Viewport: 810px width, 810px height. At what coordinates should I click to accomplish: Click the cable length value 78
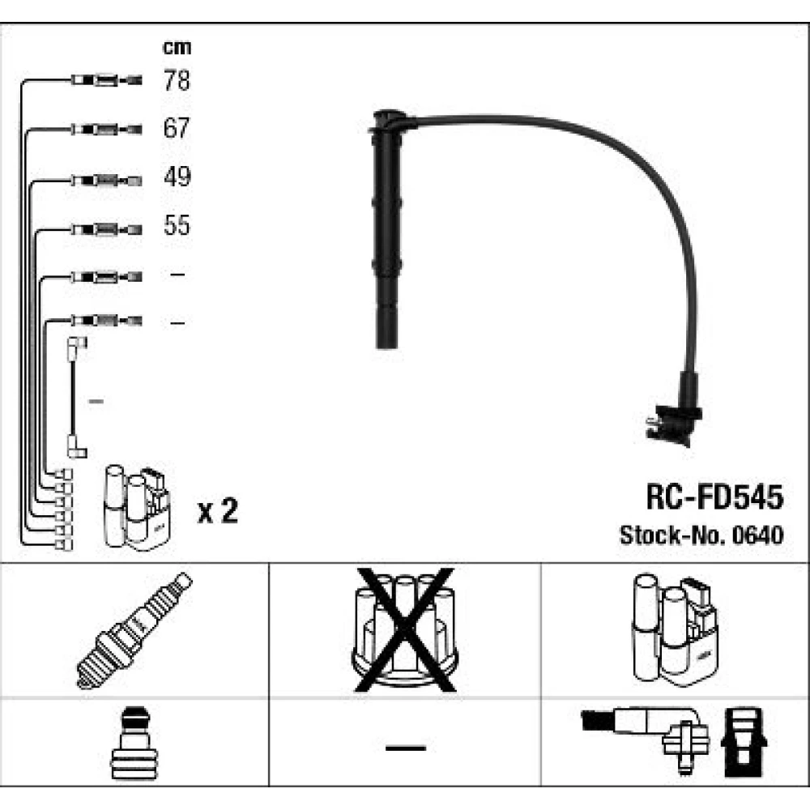click(177, 80)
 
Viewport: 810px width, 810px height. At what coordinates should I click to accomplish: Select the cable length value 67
click(177, 128)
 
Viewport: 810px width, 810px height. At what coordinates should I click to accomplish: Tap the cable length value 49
click(177, 177)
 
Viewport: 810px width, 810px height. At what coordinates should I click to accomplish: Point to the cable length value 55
click(177, 225)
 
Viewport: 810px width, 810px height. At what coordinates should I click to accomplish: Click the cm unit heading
click(177, 47)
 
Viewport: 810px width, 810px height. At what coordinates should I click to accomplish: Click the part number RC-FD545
click(714, 497)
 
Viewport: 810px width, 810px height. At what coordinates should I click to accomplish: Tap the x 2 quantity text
click(218, 512)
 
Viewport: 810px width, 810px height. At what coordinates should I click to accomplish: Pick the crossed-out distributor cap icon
click(404, 629)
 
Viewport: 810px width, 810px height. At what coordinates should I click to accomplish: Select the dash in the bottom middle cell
click(405, 746)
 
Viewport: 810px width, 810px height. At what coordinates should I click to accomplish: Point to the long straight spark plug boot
click(387, 235)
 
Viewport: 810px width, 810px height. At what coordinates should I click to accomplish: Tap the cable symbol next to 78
click(105, 80)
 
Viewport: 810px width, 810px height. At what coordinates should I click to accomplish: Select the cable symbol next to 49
click(105, 179)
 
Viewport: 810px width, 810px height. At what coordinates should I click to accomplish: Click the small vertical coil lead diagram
click(75, 397)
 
